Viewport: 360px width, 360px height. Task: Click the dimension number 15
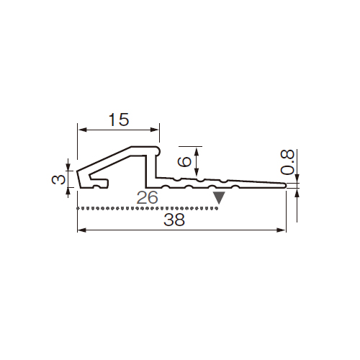point(119,120)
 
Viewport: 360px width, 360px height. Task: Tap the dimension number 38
point(174,220)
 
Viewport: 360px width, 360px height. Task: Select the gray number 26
point(148,197)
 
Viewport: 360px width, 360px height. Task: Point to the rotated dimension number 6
point(184,161)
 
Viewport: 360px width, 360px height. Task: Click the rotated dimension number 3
point(58,179)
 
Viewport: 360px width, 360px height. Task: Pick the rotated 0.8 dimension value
point(287,162)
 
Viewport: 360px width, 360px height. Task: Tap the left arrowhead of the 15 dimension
point(82,130)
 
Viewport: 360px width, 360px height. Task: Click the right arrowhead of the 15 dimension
point(154,130)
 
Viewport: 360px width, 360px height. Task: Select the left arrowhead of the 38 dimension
point(82,230)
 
